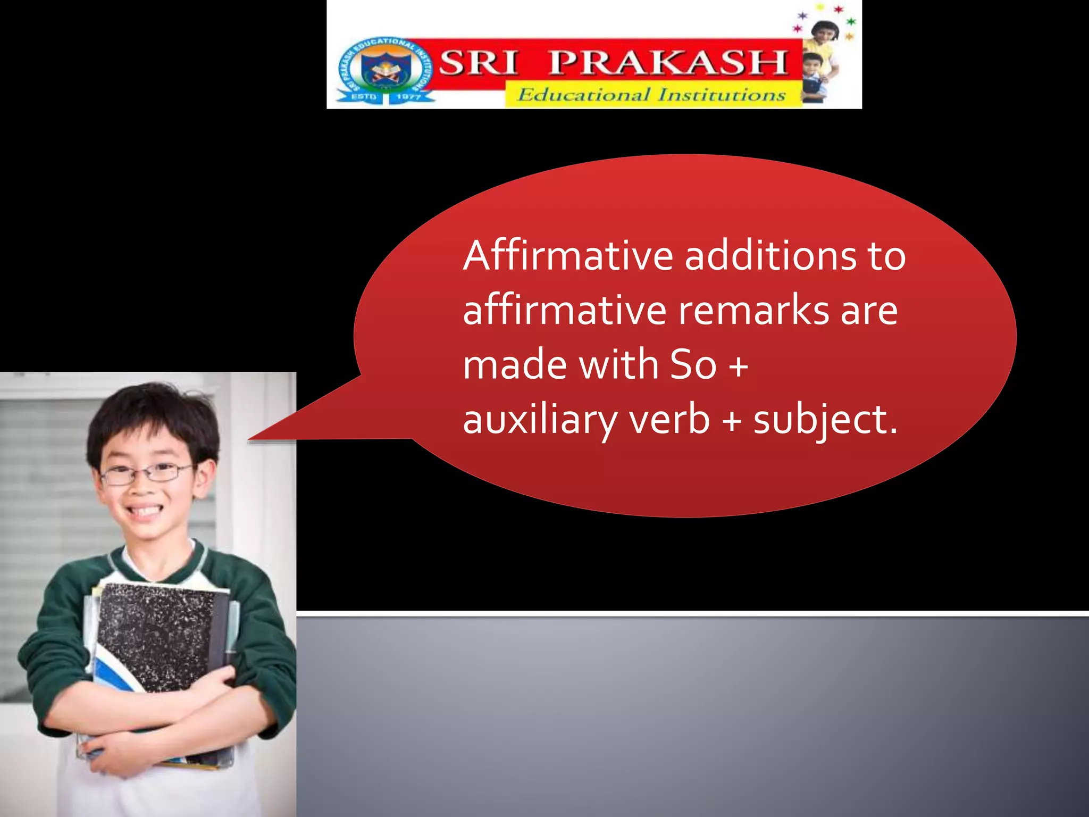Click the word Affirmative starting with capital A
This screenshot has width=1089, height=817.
(568, 256)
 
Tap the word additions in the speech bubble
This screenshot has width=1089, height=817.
(770, 256)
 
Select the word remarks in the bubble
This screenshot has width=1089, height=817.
(753, 311)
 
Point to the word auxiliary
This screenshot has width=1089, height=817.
(540, 420)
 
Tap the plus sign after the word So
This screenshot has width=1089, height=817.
(738, 366)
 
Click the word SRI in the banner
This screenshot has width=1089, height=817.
(478, 63)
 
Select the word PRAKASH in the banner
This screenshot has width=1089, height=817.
(668, 63)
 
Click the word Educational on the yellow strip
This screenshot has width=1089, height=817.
(583, 95)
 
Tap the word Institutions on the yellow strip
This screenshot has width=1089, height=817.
(722, 95)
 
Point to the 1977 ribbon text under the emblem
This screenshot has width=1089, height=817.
(408, 97)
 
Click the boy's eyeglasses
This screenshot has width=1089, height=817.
(146, 473)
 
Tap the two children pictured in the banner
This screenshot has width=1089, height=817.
(819, 59)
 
